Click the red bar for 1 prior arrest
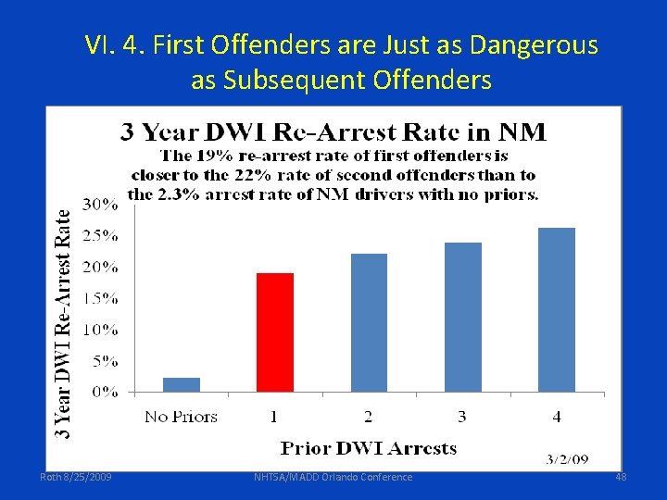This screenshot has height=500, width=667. [274, 331]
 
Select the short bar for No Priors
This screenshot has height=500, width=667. [182, 384]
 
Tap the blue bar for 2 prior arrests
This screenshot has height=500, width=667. [369, 322]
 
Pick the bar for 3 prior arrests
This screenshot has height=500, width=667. [463, 317]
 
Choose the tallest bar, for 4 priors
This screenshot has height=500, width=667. [557, 309]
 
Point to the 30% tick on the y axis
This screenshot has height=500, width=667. [102, 204]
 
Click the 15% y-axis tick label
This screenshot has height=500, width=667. [102, 298]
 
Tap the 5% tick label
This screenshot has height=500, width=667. [106, 361]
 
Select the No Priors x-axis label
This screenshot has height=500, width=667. [181, 417]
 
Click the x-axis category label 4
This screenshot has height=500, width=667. [557, 417]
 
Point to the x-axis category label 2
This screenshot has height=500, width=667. [369, 417]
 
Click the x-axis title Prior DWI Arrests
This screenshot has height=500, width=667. [368, 448]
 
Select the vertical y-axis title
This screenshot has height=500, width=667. [62, 321]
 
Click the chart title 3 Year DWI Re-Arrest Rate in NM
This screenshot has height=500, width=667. [333, 131]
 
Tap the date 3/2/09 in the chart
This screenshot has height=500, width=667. [566, 459]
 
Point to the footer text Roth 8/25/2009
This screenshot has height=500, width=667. [76, 477]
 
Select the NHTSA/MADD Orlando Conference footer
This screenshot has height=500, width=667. [333, 477]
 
